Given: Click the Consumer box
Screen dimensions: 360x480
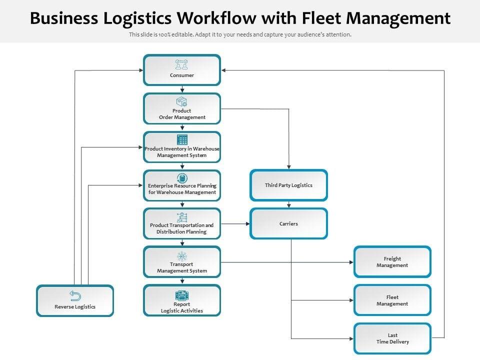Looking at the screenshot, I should pos(182,70).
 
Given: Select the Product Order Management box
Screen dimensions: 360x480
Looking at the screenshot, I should pos(182,108).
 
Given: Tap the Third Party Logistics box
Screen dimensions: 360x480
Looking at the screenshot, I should pos(288,185).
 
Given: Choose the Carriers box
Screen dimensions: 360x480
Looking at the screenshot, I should pos(288,223).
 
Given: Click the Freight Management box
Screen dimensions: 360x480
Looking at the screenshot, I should pos(392,262).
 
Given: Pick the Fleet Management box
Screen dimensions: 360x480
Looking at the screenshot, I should pos(392,300).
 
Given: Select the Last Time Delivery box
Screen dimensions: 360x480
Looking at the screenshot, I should pos(392,338).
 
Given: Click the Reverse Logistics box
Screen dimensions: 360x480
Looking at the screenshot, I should pos(75,301).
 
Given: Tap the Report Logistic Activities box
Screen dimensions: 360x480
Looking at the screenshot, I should pos(182,300).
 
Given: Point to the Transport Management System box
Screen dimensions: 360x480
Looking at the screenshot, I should pos(182,262).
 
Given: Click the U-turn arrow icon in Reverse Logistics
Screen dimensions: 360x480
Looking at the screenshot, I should pos(75,295).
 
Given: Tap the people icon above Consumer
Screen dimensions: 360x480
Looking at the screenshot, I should pos(181,64).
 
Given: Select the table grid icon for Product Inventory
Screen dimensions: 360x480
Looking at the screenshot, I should pos(182,139).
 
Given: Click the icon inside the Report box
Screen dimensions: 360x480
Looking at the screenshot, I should pos(182,295).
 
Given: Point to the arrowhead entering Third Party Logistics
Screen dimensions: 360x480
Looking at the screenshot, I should pos(289,167).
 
